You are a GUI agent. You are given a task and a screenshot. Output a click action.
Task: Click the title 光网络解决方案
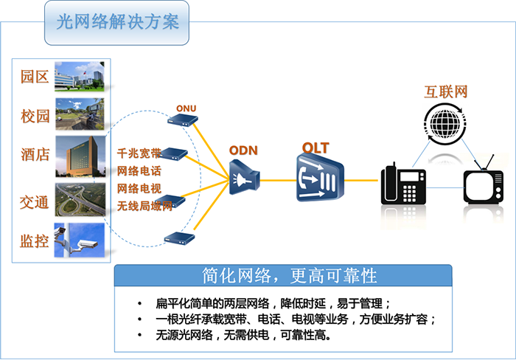(x=117, y=21)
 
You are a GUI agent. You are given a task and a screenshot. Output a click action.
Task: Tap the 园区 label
(x=35, y=77)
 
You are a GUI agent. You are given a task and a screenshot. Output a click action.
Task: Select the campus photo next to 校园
(x=80, y=114)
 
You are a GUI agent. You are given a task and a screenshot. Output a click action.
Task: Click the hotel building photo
(x=80, y=156)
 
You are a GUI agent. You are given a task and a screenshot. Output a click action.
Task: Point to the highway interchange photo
(x=80, y=200)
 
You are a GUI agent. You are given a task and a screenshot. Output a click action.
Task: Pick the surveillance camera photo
(x=80, y=240)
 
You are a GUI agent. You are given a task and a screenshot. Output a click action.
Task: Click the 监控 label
(x=35, y=241)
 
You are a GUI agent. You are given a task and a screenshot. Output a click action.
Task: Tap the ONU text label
(x=186, y=108)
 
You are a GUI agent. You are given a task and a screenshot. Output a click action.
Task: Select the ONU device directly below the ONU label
(x=183, y=120)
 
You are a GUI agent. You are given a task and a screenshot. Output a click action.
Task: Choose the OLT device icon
(x=320, y=178)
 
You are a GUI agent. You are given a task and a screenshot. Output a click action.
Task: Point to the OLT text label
(x=315, y=148)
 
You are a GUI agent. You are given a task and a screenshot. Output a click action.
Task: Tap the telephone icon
(x=403, y=184)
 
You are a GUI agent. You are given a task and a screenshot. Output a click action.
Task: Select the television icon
(x=484, y=184)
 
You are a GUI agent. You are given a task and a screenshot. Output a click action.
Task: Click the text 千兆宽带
(x=139, y=153)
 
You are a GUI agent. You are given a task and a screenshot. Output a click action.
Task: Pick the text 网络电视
(x=139, y=188)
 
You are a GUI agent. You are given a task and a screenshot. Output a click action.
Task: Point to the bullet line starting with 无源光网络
(x=243, y=335)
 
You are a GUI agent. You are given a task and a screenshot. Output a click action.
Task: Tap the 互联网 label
(x=446, y=91)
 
